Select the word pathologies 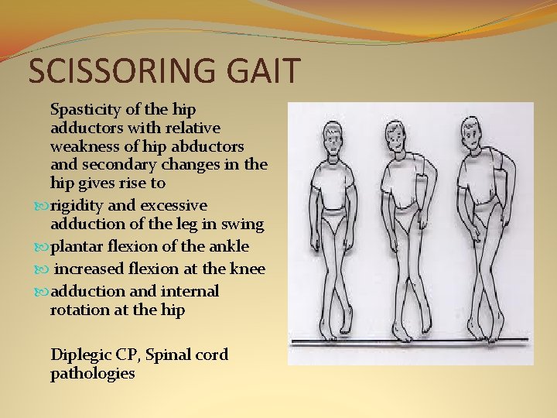coord(92,373)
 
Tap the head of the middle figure coord(405,140)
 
